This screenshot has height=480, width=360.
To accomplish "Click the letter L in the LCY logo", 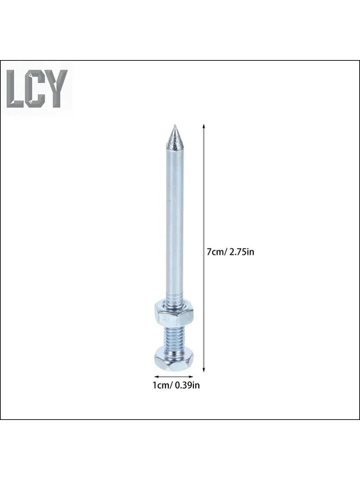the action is [14, 89].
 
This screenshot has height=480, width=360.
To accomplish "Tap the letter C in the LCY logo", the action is [35, 89].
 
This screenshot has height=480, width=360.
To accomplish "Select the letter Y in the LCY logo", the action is [57, 89].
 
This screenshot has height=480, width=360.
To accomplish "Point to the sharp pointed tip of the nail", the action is [174, 125].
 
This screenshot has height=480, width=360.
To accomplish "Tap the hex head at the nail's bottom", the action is [174, 359].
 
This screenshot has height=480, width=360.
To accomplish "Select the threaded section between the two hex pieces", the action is [174, 337].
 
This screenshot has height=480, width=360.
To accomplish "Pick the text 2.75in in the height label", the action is [242, 252].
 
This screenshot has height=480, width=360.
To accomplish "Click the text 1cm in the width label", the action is [161, 385].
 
